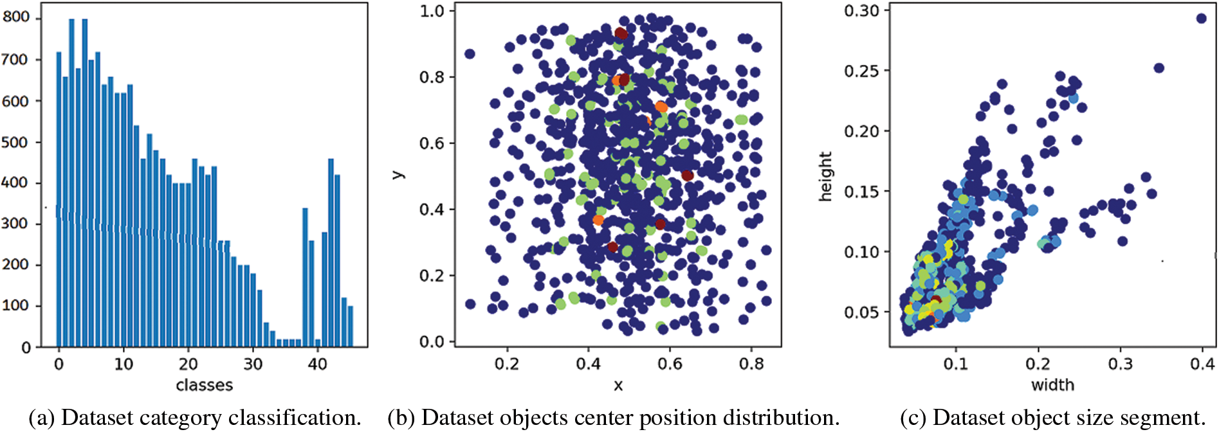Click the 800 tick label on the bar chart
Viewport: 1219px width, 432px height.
pyautogui.click(x=16, y=17)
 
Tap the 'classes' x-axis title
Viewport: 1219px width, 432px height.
pyautogui.click(x=204, y=385)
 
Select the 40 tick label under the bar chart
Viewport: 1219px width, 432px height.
pyautogui.click(x=317, y=364)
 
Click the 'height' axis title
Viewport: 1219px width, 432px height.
pyautogui.click(x=825, y=177)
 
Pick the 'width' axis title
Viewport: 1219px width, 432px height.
pyautogui.click(x=1052, y=385)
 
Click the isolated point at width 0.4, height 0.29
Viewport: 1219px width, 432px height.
pyautogui.click(x=1201, y=18)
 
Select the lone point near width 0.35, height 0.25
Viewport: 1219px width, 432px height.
pyautogui.click(x=1159, y=68)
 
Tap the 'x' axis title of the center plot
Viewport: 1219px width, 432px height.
pyautogui.click(x=618, y=385)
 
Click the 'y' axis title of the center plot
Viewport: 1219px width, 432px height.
pyautogui.click(x=398, y=174)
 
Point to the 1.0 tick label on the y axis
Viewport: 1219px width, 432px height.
pyautogui.click(x=432, y=11)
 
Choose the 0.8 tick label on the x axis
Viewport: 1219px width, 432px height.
pyautogui.click(x=751, y=364)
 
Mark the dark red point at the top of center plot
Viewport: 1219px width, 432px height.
pyautogui.click(x=620, y=33)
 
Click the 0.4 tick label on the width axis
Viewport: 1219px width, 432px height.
pyautogui.click(x=1202, y=364)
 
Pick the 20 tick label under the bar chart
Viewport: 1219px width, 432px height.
pyautogui.click(x=188, y=364)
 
